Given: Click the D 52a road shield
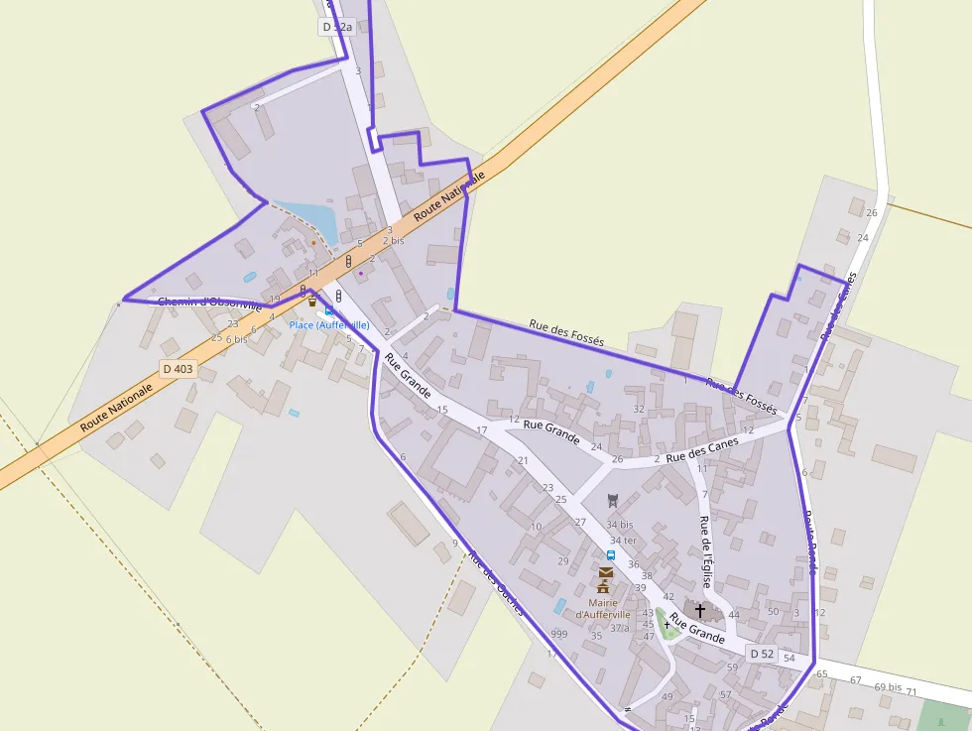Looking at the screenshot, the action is click(x=337, y=28).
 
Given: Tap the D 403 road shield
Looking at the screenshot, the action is click(x=178, y=369).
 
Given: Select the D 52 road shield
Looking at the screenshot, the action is click(x=762, y=654).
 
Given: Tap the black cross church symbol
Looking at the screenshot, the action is click(x=700, y=610).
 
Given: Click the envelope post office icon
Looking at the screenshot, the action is click(x=605, y=571).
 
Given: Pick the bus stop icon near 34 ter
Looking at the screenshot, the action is click(x=611, y=555).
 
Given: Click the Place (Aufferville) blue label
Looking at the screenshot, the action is click(x=329, y=324).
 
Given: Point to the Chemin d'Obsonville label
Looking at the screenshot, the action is click(x=208, y=302).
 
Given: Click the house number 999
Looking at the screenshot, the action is click(x=559, y=634).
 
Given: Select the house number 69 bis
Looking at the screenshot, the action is click(x=888, y=686).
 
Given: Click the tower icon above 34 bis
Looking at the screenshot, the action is click(x=612, y=501).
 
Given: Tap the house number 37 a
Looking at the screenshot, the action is click(x=619, y=628).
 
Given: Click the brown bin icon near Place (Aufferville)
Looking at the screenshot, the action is click(x=311, y=302).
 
